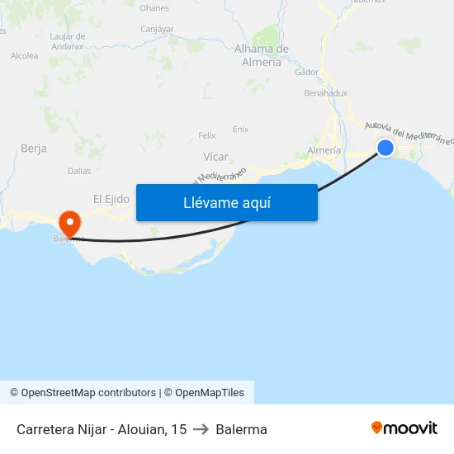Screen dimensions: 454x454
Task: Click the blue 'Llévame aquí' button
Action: pyautogui.click(x=226, y=202)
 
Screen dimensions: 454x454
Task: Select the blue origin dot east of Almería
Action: pyautogui.click(x=385, y=148)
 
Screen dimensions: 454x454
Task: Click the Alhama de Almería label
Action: pyautogui.click(x=262, y=55)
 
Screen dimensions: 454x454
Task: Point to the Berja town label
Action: pyautogui.click(x=33, y=149)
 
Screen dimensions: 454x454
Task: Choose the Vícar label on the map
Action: pyautogui.click(x=215, y=156)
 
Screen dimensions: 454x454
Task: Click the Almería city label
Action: pyautogui.click(x=323, y=150)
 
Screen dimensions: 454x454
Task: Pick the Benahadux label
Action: pyautogui.click(x=325, y=93)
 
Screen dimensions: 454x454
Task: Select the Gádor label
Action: pyautogui.click(x=306, y=72)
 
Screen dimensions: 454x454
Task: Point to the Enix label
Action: pyautogui.click(x=240, y=129)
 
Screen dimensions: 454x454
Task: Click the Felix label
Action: pyautogui.click(x=207, y=135)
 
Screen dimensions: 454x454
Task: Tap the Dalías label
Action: pyautogui.click(x=79, y=171)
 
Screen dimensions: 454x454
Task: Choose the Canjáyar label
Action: pyautogui.click(x=157, y=29)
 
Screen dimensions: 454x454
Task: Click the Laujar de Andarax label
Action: pyautogui.click(x=68, y=41)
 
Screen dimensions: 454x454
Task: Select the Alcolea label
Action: pyautogui.click(x=24, y=56)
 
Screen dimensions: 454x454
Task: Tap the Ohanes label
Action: pyautogui.click(x=154, y=8)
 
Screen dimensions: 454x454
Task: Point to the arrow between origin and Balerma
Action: pyautogui.click(x=201, y=429)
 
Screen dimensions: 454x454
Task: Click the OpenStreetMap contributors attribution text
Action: pyautogui.click(x=88, y=393)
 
